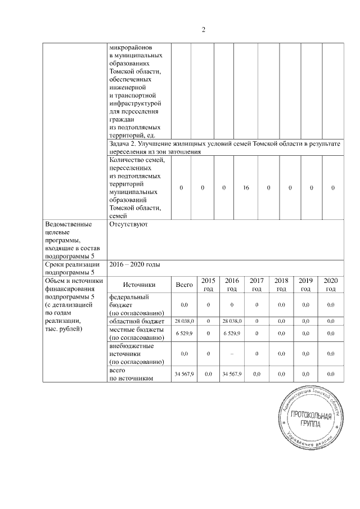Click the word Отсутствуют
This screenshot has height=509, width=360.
pos(129,224)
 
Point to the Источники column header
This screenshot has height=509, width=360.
pos(139,285)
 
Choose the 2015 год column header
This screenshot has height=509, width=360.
pos(208,285)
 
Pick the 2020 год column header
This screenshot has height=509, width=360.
pos(331,285)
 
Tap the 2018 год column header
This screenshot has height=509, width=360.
pos(281,285)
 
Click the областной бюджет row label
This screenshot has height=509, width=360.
pos(136,321)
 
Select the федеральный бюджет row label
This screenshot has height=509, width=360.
pos(136,304)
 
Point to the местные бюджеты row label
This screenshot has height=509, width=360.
pos(136,333)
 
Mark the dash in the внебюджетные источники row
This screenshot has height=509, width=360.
pos(232,354)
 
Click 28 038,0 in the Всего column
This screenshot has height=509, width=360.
pos(184,321)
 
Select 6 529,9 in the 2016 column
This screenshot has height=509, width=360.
pos(232,333)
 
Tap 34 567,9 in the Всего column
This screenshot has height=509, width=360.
pos(184,374)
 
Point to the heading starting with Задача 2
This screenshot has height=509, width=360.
pos(224,148)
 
